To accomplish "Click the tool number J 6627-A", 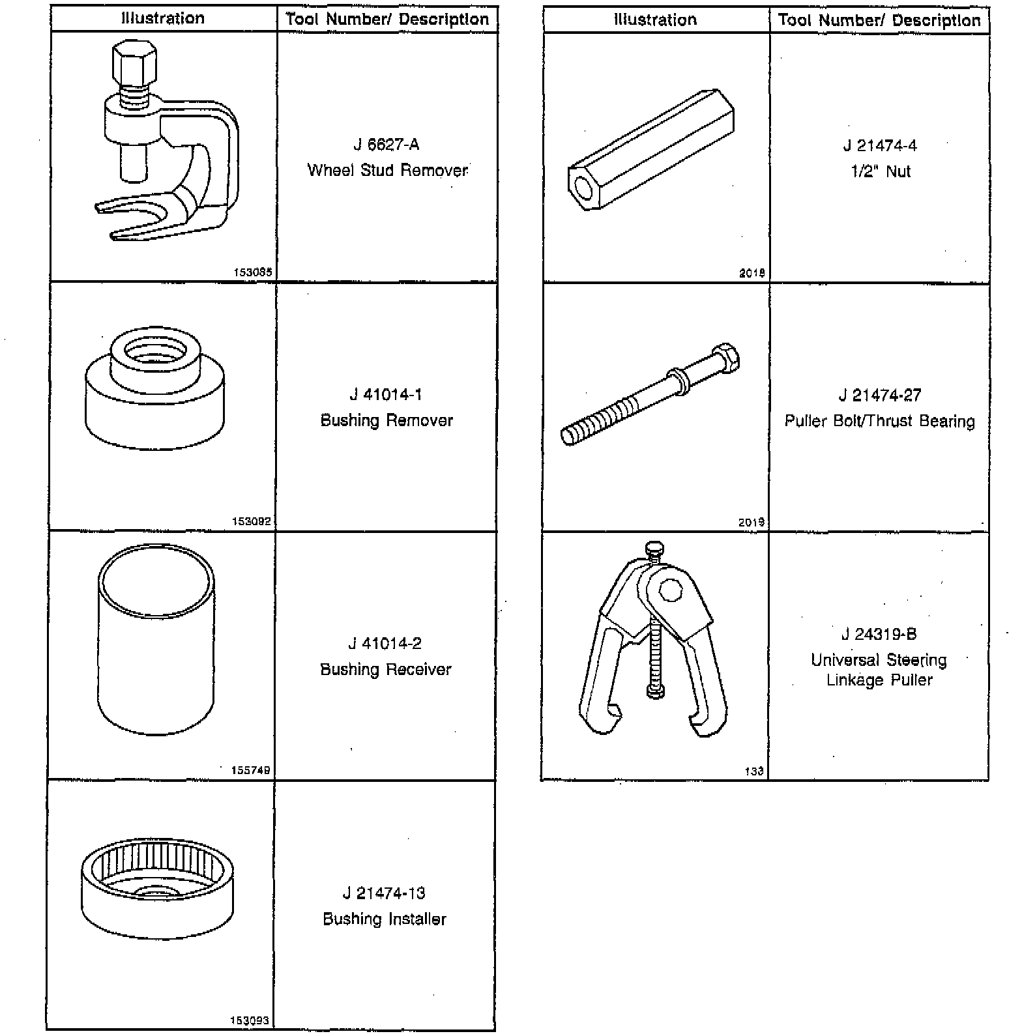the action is point(386,145).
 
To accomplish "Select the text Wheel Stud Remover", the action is point(387,171).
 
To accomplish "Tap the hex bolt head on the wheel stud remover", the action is point(134,66).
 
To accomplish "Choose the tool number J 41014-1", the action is point(386,395).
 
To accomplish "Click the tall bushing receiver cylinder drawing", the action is point(156,642).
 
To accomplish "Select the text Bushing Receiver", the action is point(385,670).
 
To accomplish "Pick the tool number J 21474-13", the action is point(385,893).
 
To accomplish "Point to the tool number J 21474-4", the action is point(880,146).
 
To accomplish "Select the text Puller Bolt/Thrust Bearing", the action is point(879,422).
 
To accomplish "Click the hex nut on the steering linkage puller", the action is point(669,591).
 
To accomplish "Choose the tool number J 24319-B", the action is point(879,635).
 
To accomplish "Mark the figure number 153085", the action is point(252,273).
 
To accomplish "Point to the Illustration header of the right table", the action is point(655,20).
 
